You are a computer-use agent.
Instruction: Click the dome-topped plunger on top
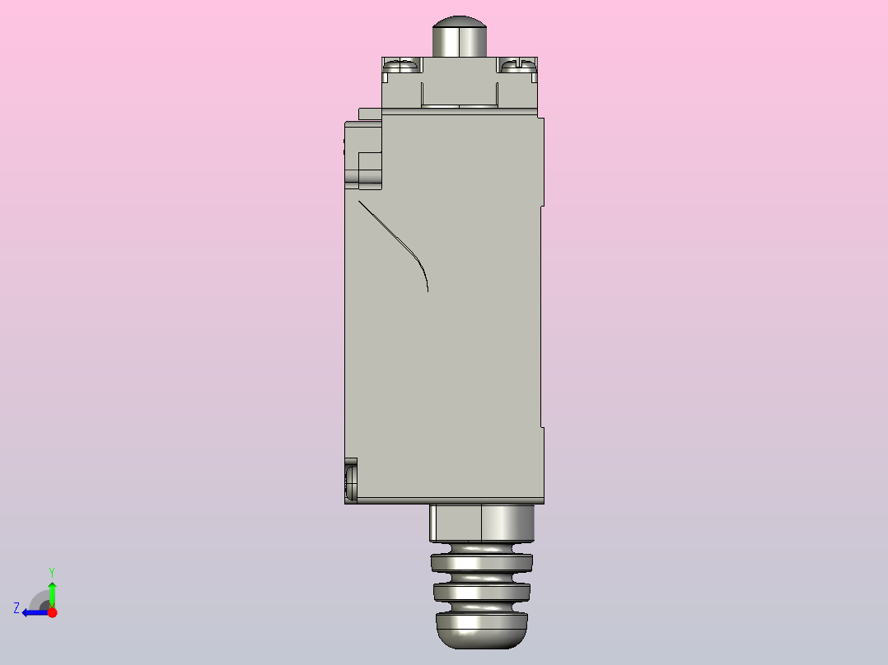pos(460,36)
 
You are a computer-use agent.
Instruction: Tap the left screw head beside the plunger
pos(403,66)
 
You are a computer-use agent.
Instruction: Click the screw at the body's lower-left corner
pos(351,481)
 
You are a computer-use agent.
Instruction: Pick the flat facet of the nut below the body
pos(456,523)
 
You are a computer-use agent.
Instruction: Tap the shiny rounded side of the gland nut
pos(507,523)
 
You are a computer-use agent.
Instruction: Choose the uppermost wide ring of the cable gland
pos(481,563)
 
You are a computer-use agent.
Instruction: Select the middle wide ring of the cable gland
pos(481,592)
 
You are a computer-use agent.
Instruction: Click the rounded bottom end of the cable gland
pos(481,630)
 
